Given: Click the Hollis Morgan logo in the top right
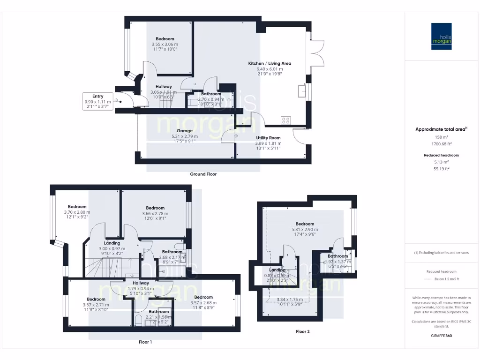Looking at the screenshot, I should pyautogui.click(x=441, y=36).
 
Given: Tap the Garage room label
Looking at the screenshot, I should pyautogui.click(x=185, y=131).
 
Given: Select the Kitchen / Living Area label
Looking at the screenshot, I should pyautogui.click(x=270, y=63).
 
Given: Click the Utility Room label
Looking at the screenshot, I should pyautogui.click(x=268, y=138).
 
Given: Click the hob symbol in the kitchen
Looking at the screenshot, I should pyautogui.click(x=285, y=120).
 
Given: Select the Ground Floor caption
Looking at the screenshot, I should pyautogui.click(x=203, y=174).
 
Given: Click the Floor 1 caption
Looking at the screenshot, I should pyautogui.click(x=145, y=342).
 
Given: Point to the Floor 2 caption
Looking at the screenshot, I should pyautogui.click(x=302, y=331).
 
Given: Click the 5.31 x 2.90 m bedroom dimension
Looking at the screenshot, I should pyautogui.click(x=305, y=230).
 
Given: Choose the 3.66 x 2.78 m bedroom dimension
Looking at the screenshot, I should pyautogui.click(x=155, y=213).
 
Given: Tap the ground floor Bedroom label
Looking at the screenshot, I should pyautogui.click(x=165, y=39).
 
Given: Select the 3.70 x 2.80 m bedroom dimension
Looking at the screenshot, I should pyautogui.click(x=77, y=212).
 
